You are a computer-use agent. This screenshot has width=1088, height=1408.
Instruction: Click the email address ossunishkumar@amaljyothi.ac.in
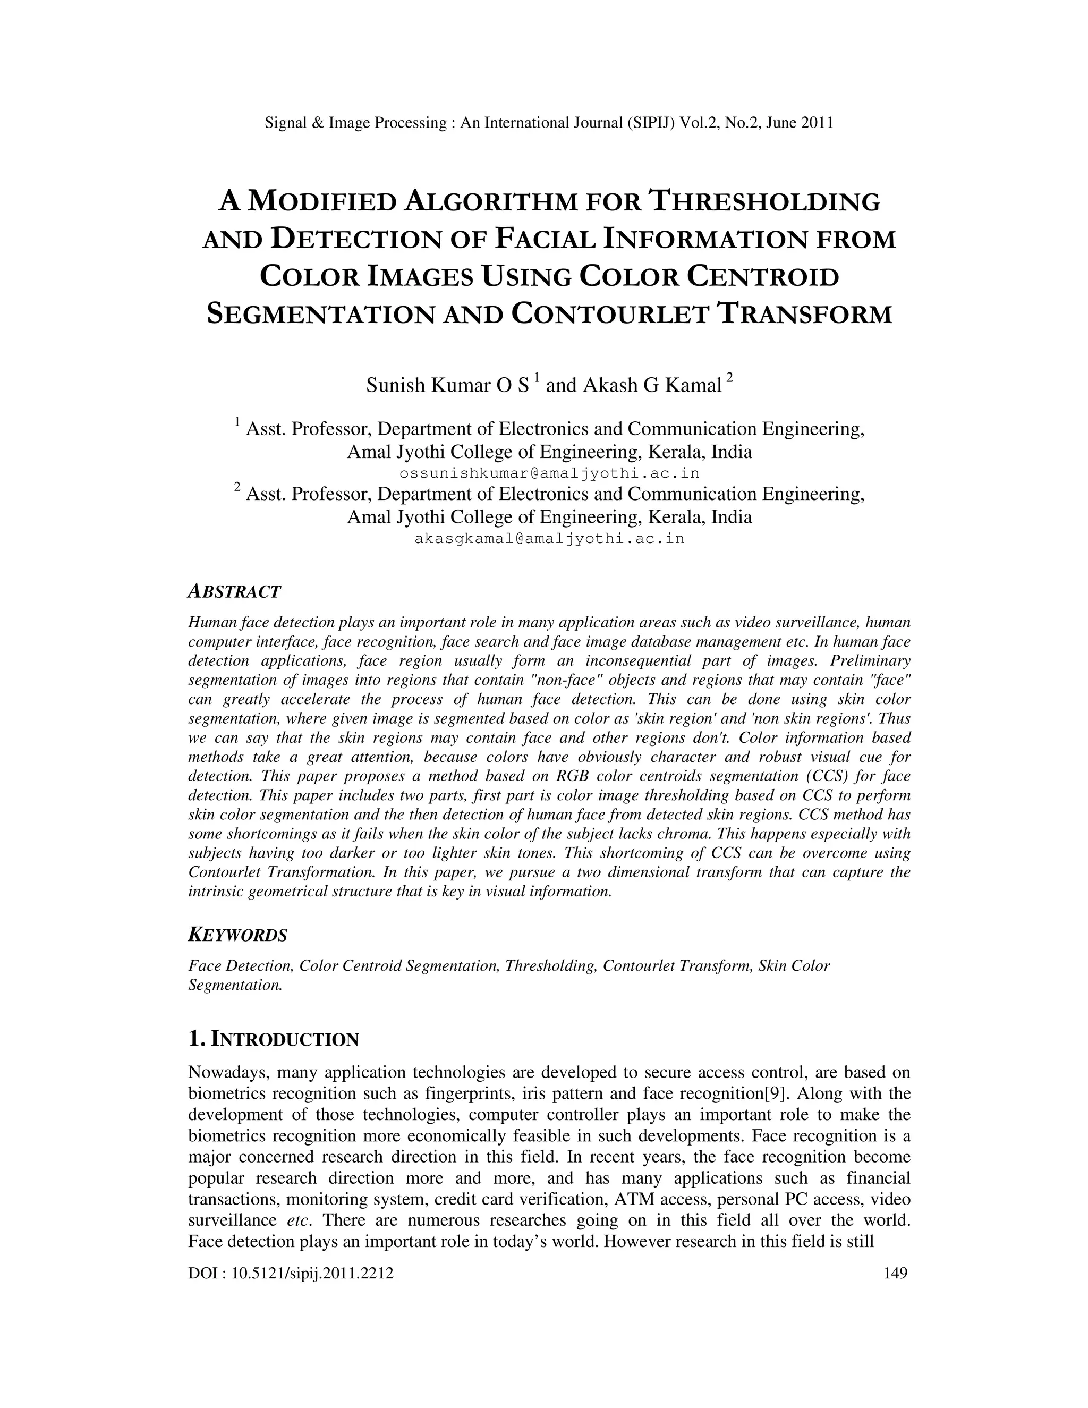(x=549, y=473)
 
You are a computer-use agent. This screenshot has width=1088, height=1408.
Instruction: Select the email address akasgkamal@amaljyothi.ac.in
(x=549, y=538)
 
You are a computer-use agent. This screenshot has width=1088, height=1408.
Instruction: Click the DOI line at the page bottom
(x=291, y=1273)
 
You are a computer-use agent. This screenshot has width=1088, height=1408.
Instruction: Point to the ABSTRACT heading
(x=234, y=591)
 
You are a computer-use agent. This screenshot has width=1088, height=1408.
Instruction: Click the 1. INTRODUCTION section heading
(x=273, y=1039)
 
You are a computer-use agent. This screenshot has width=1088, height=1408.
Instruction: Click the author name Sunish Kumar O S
(x=447, y=386)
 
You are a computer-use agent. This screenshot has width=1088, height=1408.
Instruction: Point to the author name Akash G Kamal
(x=652, y=386)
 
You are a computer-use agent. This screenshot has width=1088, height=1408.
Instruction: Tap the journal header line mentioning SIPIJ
(x=549, y=123)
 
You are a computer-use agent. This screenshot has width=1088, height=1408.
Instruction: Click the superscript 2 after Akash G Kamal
(x=729, y=377)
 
